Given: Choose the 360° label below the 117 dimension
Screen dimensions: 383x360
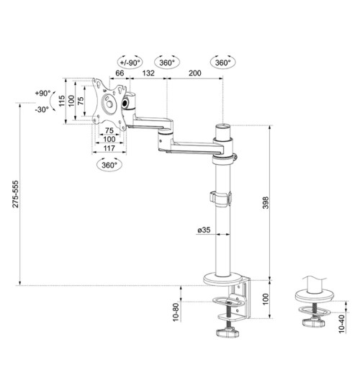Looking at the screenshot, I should pyautogui.click(x=109, y=164).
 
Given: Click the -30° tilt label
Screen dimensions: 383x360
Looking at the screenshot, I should pyautogui.click(x=42, y=109).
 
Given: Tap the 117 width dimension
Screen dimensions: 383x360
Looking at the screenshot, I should pyautogui.click(x=109, y=148).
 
